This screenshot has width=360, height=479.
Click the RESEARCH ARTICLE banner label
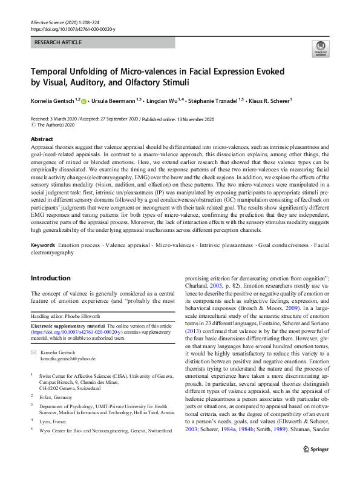click(x=57, y=43)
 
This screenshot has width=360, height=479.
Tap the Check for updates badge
click(x=319, y=50)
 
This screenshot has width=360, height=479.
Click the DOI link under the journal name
click(x=72, y=28)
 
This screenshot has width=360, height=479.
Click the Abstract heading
click(x=42, y=139)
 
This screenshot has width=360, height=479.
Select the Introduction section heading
click(x=50, y=279)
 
